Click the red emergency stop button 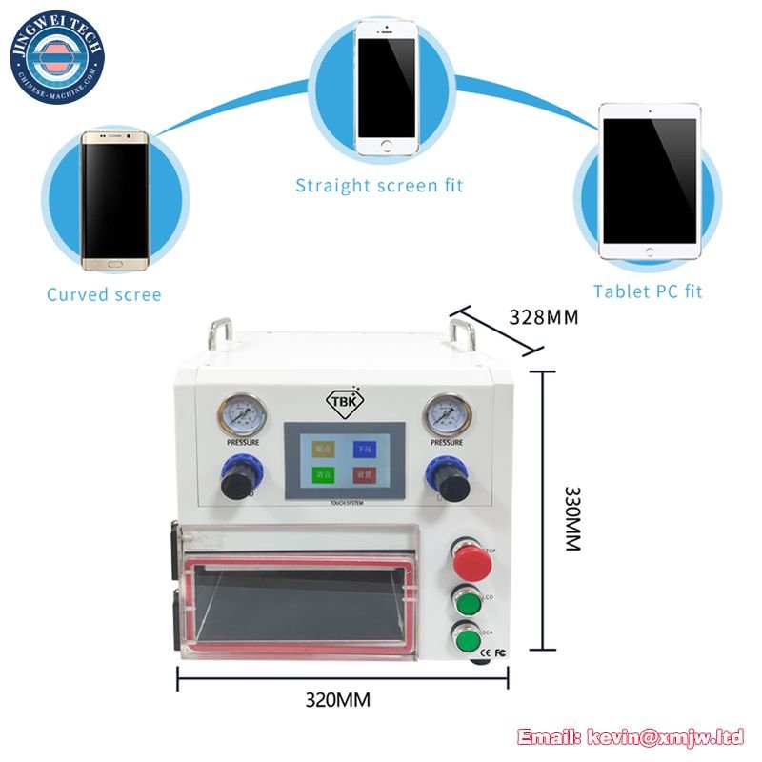coord(471,563)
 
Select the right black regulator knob coord(444,477)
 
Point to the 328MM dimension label coord(543,317)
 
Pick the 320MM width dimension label coord(337,700)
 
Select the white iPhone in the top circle coord(385,85)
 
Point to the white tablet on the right coord(649,181)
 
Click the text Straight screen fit coord(379,186)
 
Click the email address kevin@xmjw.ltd coord(630,735)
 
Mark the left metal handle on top coord(218,333)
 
